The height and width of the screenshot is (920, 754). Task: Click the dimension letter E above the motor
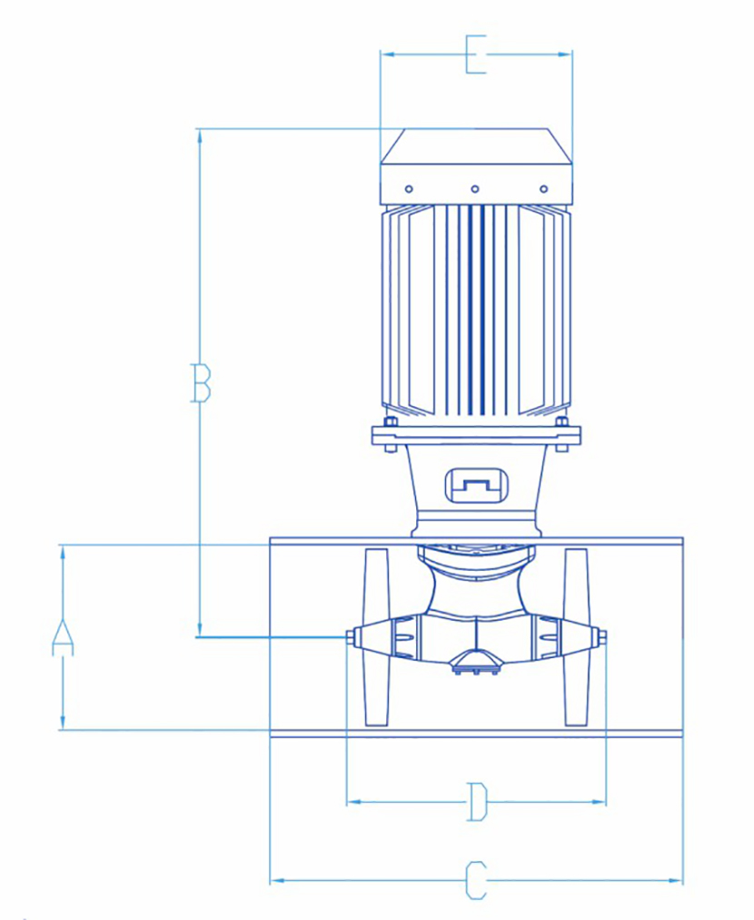tap(476, 55)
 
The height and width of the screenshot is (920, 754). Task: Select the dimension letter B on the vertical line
tap(201, 383)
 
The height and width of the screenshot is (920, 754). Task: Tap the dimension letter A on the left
tap(63, 636)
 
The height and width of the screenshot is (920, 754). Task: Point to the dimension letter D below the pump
tap(477, 802)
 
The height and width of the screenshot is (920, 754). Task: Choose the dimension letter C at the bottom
tap(476, 880)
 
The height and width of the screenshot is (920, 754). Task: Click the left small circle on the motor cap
tap(409, 189)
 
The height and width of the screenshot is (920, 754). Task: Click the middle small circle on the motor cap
tap(475, 189)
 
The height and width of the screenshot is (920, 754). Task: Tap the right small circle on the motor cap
tap(543, 189)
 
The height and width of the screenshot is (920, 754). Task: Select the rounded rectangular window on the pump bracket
tap(477, 485)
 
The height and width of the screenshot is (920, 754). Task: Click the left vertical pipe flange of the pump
tap(376, 637)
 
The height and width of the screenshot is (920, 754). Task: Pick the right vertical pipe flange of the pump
tap(576, 637)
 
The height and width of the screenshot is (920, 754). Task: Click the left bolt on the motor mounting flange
tap(390, 435)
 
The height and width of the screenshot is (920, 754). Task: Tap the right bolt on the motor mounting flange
tap(561, 435)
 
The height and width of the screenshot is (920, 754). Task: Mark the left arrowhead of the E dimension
tap(387, 55)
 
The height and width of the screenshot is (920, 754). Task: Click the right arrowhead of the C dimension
tap(676, 880)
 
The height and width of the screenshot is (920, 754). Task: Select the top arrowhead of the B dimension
tap(200, 136)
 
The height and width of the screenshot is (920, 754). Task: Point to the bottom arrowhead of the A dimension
tap(63, 722)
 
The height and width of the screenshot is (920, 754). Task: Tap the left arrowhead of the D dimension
tap(353, 802)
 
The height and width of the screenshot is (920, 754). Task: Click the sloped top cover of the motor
tap(476, 146)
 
